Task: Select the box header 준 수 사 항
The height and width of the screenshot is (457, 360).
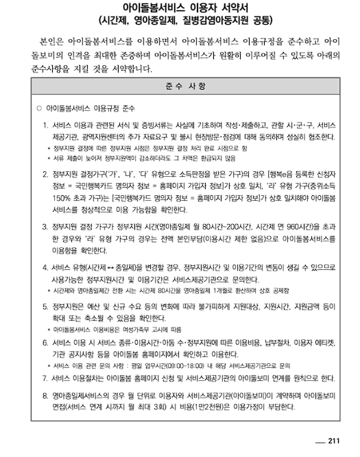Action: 179,88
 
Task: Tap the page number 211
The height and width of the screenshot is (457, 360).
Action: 333,441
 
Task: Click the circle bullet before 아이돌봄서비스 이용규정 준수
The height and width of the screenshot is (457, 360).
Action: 38,109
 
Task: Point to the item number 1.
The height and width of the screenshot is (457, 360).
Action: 45,125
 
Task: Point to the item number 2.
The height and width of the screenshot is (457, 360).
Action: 45,174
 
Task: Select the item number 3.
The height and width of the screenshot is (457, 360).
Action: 45,226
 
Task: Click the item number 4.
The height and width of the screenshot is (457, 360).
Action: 45,267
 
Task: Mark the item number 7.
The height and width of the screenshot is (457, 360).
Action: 45,377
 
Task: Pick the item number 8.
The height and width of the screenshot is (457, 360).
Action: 45,395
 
